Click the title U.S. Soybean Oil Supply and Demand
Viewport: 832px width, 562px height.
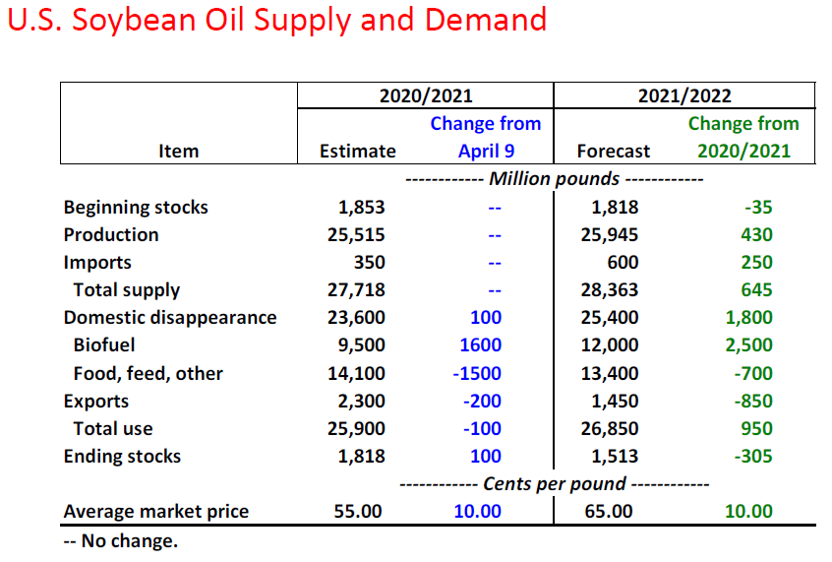(x=276, y=20)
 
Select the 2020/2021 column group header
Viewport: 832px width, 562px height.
(x=426, y=95)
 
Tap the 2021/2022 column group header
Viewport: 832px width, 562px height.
(x=684, y=95)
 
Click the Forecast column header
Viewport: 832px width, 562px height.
(x=614, y=151)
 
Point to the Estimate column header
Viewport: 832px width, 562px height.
(x=358, y=151)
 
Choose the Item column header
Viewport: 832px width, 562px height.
(x=178, y=151)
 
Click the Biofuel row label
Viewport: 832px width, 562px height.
(x=104, y=345)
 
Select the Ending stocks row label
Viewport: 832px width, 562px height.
(x=122, y=456)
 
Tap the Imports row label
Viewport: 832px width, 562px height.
(x=97, y=263)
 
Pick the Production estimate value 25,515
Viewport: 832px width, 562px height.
(x=356, y=235)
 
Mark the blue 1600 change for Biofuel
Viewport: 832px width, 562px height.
(x=480, y=345)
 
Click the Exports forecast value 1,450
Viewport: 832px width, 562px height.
(x=616, y=401)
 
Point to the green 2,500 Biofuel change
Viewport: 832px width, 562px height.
(x=749, y=345)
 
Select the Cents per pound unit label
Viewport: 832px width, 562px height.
(x=555, y=483)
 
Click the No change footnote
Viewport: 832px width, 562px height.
(x=120, y=539)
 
